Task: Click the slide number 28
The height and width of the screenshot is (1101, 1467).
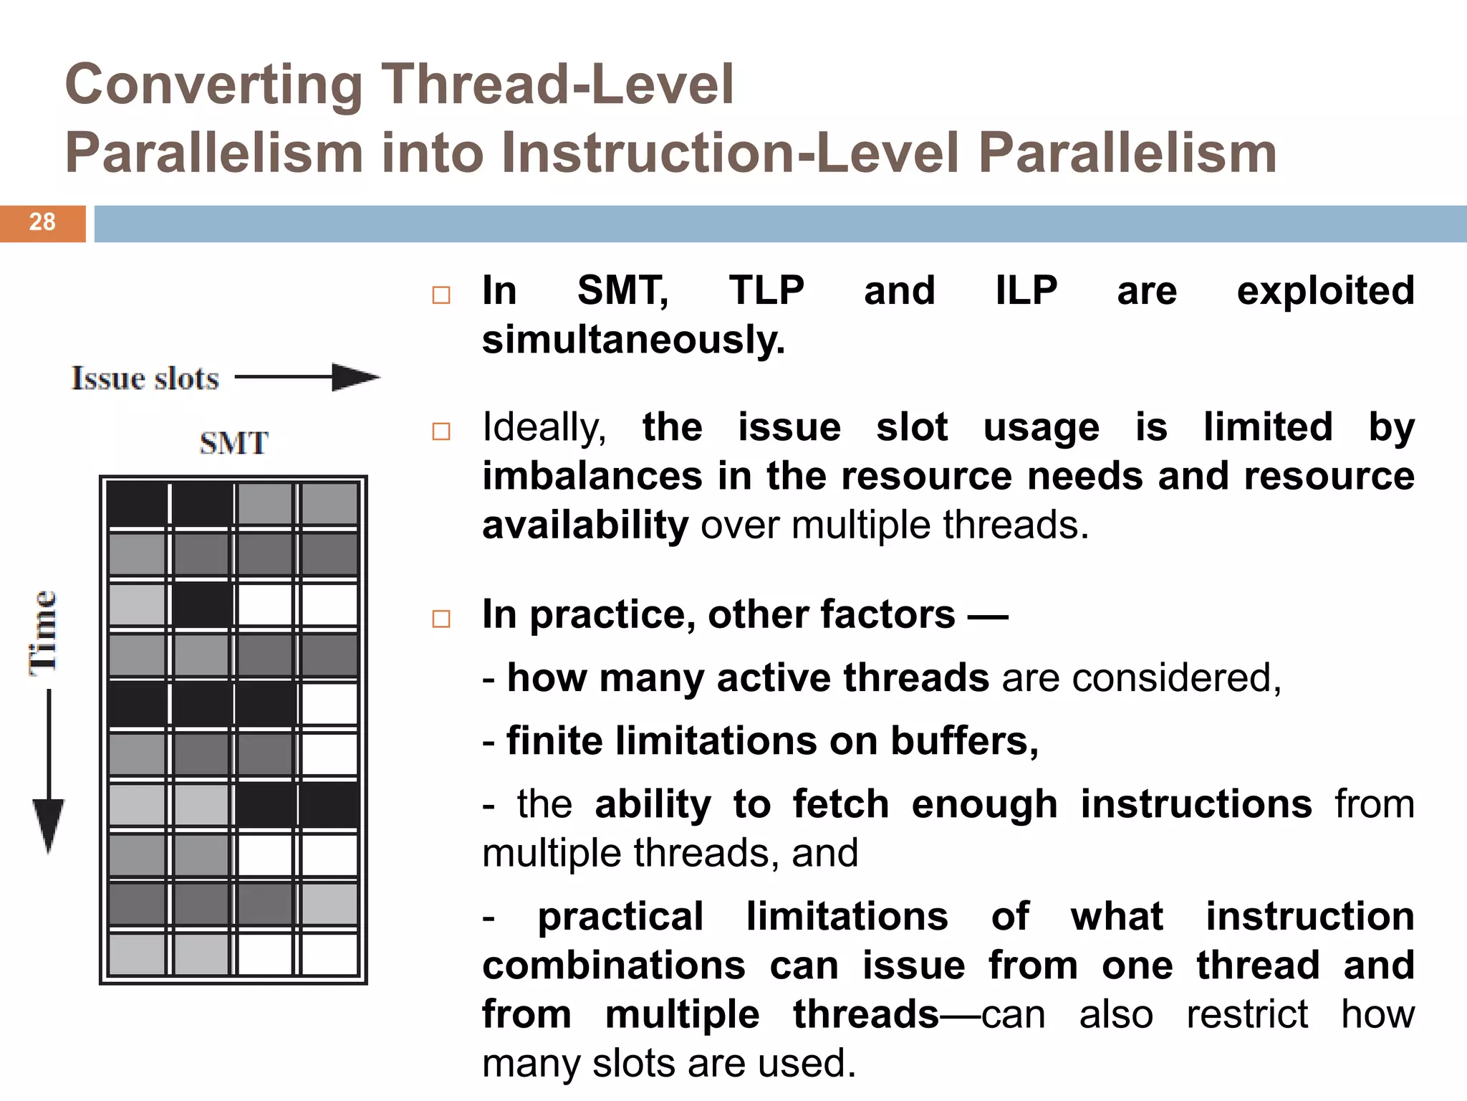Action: click(x=42, y=222)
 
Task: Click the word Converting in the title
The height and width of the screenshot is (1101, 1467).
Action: click(x=213, y=85)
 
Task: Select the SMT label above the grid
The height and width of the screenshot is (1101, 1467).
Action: click(x=234, y=443)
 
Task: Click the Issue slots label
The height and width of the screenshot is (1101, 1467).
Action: click(x=145, y=378)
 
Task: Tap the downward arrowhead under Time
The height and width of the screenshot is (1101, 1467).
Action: click(x=49, y=824)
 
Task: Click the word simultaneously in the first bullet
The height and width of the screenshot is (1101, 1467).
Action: click(x=633, y=340)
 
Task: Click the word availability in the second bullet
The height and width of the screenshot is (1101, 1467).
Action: click(x=585, y=525)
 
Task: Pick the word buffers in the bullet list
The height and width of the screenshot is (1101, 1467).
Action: click(x=963, y=740)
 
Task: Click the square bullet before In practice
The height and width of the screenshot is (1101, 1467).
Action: click(x=441, y=619)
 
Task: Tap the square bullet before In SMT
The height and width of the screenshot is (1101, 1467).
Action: click(x=441, y=295)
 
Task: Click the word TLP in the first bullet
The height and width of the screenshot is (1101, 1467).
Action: click(x=766, y=291)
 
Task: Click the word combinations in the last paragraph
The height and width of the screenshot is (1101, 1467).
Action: click(x=614, y=966)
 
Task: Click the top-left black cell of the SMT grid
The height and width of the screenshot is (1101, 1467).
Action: click(x=137, y=504)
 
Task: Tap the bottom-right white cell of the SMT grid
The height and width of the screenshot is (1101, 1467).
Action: click(x=330, y=954)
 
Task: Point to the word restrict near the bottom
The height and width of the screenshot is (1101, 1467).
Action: click(x=1247, y=1014)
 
